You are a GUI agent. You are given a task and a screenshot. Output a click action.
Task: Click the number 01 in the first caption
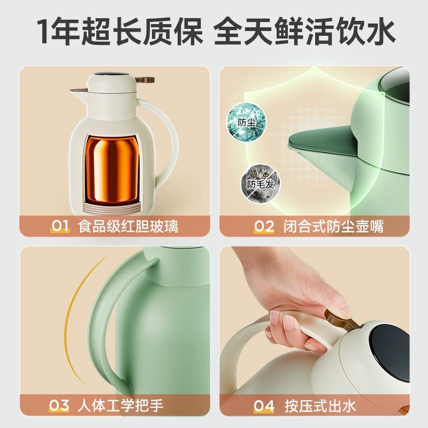pyautogui.click(x=60, y=226)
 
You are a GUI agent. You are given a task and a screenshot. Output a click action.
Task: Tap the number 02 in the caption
pyautogui.click(x=264, y=226)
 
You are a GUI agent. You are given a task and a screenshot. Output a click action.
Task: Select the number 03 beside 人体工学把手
pyautogui.click(x=59, y=406)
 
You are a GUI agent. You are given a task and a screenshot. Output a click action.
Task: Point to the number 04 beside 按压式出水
pyautogui.click(x=264, y=406)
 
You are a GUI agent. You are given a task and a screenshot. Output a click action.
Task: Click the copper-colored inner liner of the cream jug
pyautogui.click(x=112, y=168)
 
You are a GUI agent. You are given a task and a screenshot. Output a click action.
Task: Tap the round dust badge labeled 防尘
pyautogui.click(x=246, y=123)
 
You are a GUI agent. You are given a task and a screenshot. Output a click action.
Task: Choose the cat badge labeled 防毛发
pyautogui.click(x=260, y=183)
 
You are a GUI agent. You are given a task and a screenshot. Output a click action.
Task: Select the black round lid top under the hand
pyautogui.click(x=391, y=352)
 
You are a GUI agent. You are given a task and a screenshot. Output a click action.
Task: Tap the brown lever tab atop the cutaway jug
pyautogui.click(x=145, y=80)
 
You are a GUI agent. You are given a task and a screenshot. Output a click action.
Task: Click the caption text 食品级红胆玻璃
pyautogui.click(x=128, y=226)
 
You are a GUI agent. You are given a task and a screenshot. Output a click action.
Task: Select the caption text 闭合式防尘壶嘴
pyautogui.click(x=333, y=226)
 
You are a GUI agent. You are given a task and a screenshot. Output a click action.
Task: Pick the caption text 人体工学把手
pyautogui.click(x=120, y=406)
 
